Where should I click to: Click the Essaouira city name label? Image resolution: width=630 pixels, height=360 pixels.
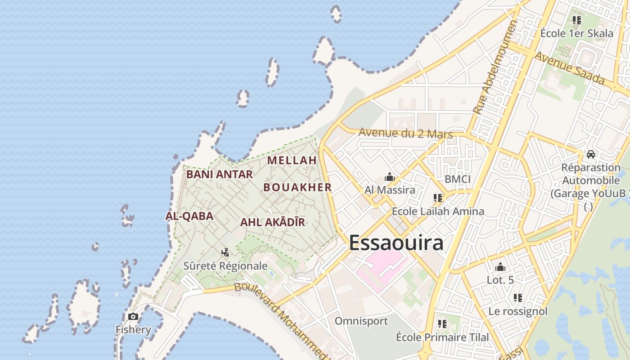pyautogui.click(x=396, y=243)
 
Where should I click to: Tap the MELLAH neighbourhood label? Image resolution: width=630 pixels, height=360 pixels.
pyautogui.click(x=292, y=160)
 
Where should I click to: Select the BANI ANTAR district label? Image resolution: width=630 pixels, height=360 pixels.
pyautogui.click(x=219, y=174)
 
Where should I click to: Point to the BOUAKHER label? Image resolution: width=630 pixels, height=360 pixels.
pyautogui.click(x=297, y=187)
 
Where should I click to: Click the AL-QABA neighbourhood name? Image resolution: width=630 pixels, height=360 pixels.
pyautogui.click(x=189, y=216)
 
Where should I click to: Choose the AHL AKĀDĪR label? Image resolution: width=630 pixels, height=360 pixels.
pyautogui.click(x=272, y=222)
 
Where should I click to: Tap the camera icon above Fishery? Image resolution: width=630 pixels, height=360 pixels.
pyautogui.click(x=133, y=317)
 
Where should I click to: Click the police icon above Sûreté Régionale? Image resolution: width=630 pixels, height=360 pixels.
pyautogui.click(x=225, y=253)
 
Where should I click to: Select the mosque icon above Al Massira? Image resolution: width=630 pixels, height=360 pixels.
pyautogui.click(x=390, y=177)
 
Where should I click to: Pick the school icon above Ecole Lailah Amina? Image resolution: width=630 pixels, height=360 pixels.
pyautogui.click(x=437, y=198)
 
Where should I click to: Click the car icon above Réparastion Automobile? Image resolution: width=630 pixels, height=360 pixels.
pyautogui.click(x=590, y=154)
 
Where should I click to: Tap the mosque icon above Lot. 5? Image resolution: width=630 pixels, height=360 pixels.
pyautogui.click(x=500, y=267)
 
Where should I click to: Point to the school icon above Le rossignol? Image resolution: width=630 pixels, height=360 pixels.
pyautogui.click(x=518, y=298)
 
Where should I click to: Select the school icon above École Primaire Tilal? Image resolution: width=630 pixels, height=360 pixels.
pyautogui.click(x=442, y=324)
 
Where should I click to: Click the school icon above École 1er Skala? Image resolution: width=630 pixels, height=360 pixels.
pyautogui.click(x=576, y=20)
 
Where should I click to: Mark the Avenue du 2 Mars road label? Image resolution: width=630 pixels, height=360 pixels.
pyautogui.click(x=405, y=134)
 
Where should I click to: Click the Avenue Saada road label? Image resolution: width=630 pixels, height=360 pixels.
pyautogui.click(x=569, y=69)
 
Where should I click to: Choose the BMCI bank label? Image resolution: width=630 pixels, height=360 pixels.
pyautogui.click(x=457, y=179)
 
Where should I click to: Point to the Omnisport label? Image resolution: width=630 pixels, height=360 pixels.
pyautogui.click(x=361, y=321)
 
